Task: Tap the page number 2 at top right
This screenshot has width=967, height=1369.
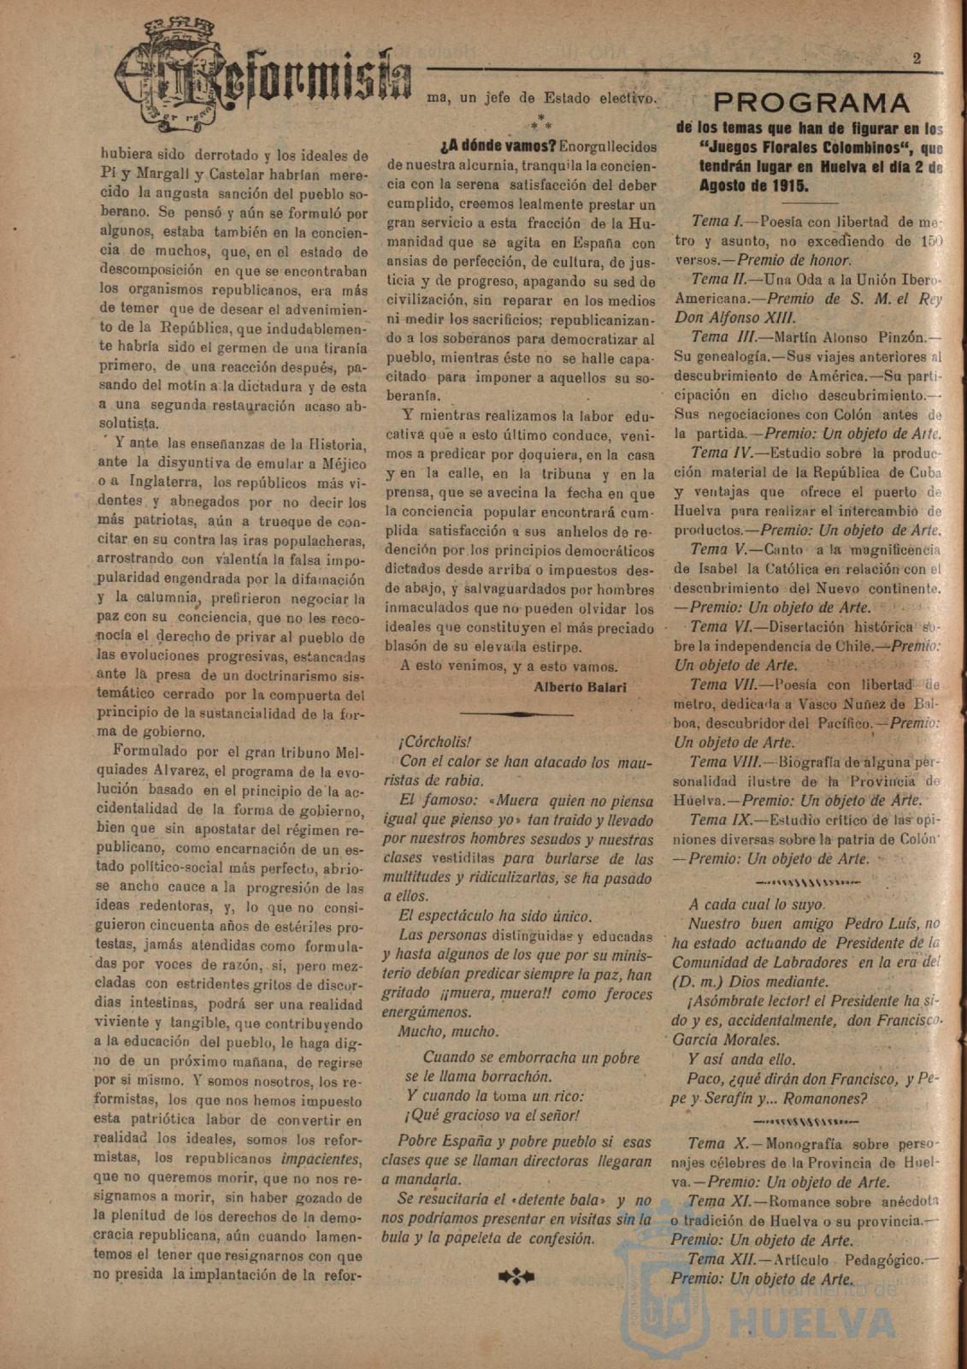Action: point(916,59)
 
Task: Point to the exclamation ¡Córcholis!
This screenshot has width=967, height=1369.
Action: point(434,742)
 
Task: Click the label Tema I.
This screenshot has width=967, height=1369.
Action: point(718,222)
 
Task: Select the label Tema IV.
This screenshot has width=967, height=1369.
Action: point(721,453)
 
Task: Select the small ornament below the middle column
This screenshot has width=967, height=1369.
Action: point(516,1277)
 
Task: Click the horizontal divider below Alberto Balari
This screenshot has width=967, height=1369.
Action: point(517,714)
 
